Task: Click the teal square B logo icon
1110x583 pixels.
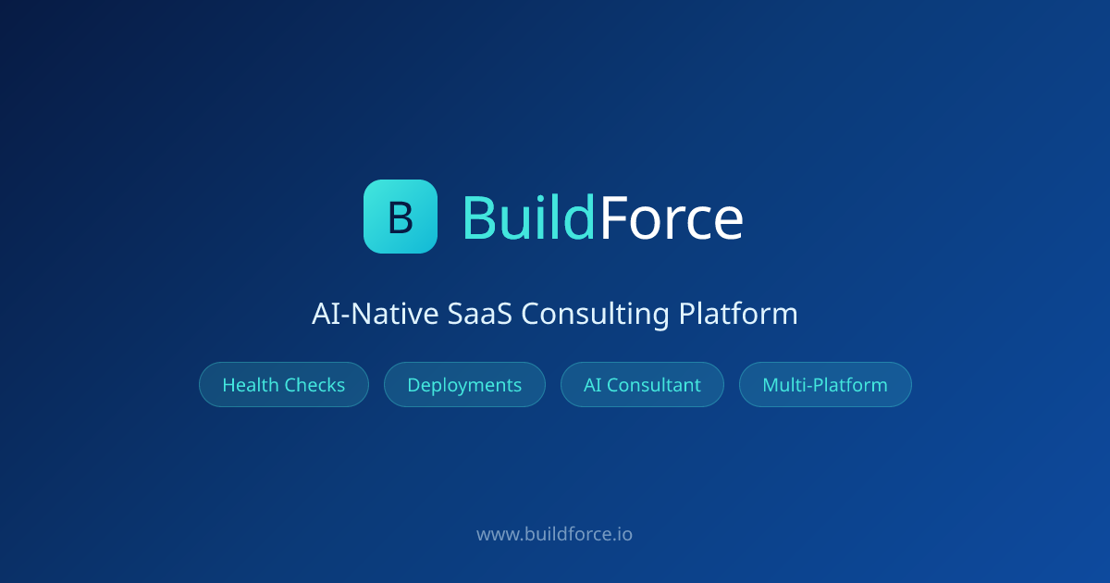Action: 401,217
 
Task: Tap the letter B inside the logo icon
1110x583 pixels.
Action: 401,217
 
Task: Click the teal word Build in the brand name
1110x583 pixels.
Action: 529,217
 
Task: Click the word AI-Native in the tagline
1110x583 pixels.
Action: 376,314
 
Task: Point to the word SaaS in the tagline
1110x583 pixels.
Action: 480,314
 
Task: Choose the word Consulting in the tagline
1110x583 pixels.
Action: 595,316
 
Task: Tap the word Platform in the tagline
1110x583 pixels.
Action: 738,314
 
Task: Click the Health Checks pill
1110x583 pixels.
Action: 284,385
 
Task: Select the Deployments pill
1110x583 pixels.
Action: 464,385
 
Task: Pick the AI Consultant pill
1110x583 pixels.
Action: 642,385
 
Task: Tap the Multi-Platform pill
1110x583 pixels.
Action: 825,385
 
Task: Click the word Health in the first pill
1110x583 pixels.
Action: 251,385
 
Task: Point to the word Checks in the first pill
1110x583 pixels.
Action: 314,385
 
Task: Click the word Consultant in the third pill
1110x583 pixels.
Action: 654,385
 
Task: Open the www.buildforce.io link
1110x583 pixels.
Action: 554,535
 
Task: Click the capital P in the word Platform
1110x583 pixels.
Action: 687,314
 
